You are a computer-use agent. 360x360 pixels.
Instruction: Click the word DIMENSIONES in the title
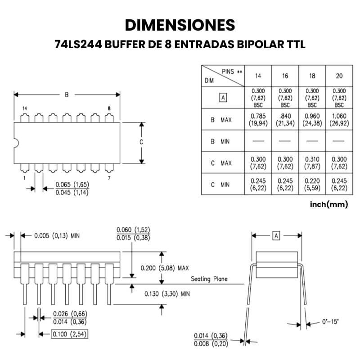(x=180, y=25)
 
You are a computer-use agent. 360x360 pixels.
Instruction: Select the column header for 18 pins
(x=312, y=76)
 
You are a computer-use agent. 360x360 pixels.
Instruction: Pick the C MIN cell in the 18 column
(x=312, y=184)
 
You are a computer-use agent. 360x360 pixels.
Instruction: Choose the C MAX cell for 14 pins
(x=258, y=162)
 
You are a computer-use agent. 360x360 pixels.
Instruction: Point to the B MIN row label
(x=220, y=141)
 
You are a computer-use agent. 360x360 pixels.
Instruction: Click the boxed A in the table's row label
(x=222, y=97)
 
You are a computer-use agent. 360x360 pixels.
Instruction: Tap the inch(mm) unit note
(x=329, y=204)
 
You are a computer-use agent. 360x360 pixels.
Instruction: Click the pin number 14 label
(x=24, y=108)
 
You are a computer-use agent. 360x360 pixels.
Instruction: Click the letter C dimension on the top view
(x=141, y=142)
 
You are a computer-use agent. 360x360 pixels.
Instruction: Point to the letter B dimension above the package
(x=67, y=94)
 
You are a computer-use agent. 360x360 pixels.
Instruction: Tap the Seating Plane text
(x=209, y=279)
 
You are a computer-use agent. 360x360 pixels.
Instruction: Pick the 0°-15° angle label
(x=331, y=322)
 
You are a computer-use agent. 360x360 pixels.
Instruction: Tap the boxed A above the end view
(x=276, y=235)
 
